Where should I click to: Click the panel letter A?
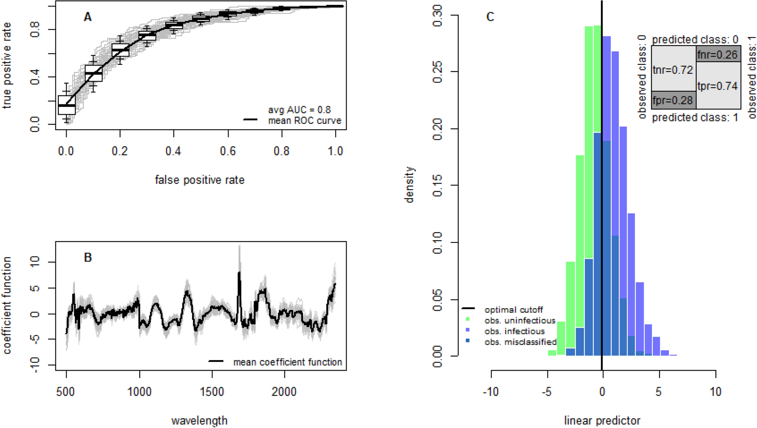(x=87, y=17)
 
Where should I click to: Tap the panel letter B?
(x=88, y=258)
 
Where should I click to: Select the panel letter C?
(x=490, y=17)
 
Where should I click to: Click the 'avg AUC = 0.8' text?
(x=299, y=110)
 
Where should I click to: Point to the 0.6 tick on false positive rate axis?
(x=228, y=151)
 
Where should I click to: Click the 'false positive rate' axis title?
(x=200, y=180)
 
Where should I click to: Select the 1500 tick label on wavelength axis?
(x=212, y=392)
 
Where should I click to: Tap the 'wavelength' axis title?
(x=200, y=420)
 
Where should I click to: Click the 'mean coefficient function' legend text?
(x=287, y=362)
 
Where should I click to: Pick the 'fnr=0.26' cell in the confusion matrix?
(x=717, y=55)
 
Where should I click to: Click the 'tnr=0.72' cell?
(x=673, y=70)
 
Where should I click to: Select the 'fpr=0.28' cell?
(x=673, y=101)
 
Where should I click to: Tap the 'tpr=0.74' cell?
(x=717, y=86)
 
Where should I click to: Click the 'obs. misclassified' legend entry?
(x=520, y=342)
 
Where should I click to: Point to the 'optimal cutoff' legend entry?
(x=513, y=310)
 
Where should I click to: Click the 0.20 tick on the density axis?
(x=438, y=129)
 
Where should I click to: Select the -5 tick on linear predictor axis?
(x=547, y=392)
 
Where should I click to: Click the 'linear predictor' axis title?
(x=602, y=420)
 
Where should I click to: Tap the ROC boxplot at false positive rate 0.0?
(x=67, y=105)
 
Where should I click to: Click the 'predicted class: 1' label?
(x=695, y=118)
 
